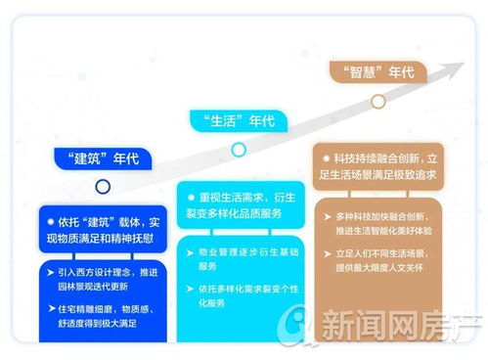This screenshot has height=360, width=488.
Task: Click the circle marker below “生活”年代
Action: tap(238, 150)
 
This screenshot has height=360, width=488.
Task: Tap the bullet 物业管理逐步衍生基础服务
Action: tap(242, 258)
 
